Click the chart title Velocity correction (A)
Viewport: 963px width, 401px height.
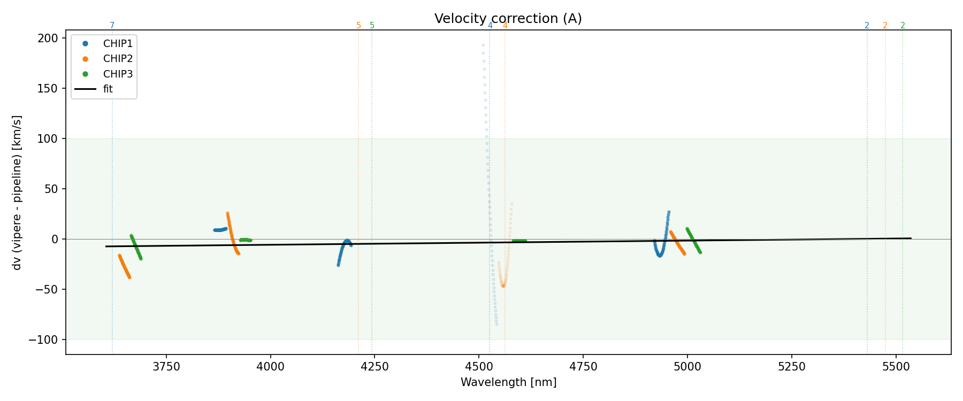click(508, 19)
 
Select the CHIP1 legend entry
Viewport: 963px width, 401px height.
click(118, 44)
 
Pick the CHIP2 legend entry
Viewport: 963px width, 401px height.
click(118, 59)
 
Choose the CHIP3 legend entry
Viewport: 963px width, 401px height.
click(118, 74)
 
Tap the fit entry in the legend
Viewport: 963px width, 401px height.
click(108, 89)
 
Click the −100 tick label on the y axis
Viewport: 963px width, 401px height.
click(47, 340)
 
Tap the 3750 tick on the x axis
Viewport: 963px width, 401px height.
click(166, 367)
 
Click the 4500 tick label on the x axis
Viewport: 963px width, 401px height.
click(479, 367)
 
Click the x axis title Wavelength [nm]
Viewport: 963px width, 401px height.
click(508, 382)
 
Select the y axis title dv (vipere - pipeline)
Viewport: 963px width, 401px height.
click(17, 192)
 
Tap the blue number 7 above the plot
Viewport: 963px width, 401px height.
click(112, 26)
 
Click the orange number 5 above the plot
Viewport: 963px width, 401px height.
click(358, 26)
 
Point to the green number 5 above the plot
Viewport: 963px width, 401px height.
click(372, 26)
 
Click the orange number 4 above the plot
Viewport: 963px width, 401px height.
click(505, 26)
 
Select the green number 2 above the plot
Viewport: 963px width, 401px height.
click(903, 26)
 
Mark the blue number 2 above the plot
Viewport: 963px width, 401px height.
click(867, 26)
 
